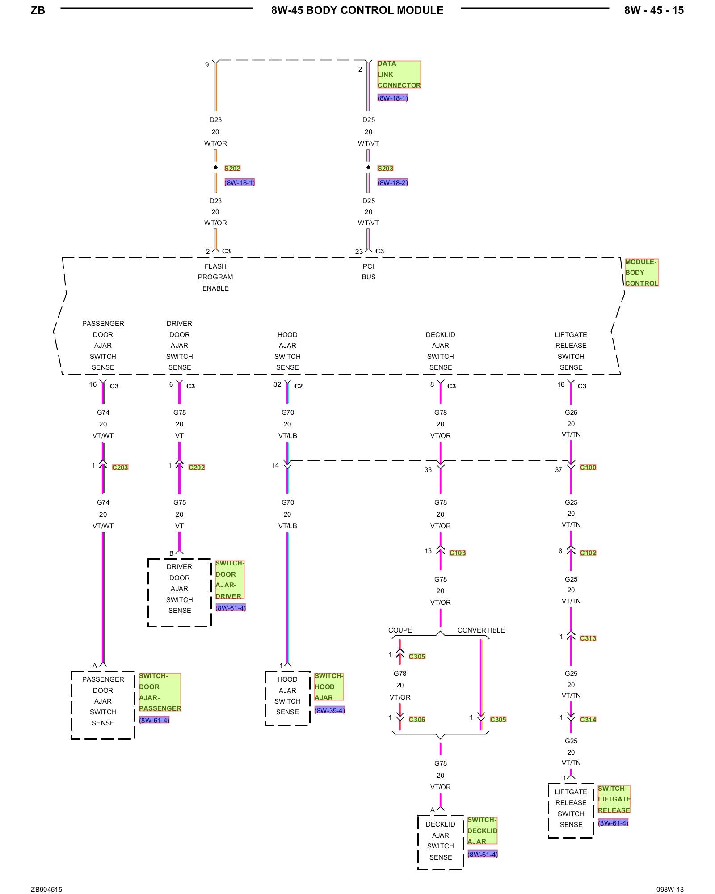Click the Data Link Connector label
click(399, 74)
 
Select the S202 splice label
click(232, 168)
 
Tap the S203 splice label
click(385, 168)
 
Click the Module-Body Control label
click(641, 272)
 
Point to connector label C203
click(120, 467)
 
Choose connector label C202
click(196, 467)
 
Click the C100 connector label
click(588, 467)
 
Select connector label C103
click(457, 552)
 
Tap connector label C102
click(588, 552)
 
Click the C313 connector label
click(588, 638)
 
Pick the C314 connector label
click(588, 719)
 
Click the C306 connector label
click(416, 719)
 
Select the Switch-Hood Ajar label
click(328, 687)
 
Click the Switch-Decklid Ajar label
click(482, 831)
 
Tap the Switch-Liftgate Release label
click(614, 799)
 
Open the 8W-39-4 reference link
click(329, 710)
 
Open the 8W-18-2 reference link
click(392, 182)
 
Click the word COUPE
click(400, 630)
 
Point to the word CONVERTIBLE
click(481, 630)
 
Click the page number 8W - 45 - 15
click(653, 10)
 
